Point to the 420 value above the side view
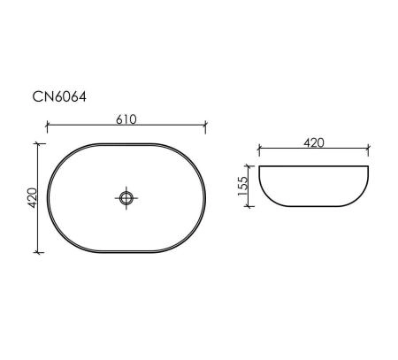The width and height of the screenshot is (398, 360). pos(314,141)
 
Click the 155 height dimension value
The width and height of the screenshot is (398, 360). pos(241,187)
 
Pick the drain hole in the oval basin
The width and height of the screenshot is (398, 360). pos(126,197)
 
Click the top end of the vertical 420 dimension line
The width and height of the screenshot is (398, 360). pos(38,142)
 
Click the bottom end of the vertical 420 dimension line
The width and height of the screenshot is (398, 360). pos(38,252)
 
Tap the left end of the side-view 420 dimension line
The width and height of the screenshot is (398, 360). pos(259,149)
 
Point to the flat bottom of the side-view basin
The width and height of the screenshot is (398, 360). pos(314,208)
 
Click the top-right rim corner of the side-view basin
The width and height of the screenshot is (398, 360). pos(369,166)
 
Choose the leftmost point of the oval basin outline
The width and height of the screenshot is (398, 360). pos(47,197)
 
